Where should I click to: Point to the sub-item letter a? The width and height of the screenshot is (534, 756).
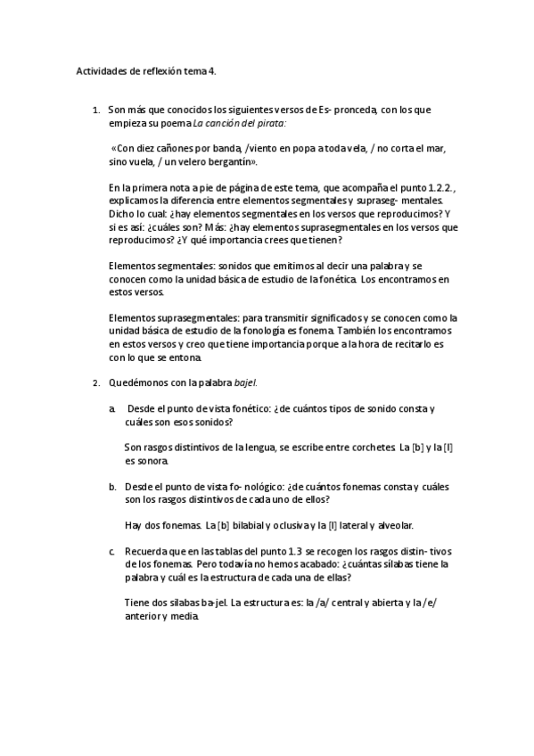[112, 408]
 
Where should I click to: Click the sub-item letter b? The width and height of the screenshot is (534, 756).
[113, 487]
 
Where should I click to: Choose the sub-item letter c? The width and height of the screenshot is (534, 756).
[112, 552]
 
